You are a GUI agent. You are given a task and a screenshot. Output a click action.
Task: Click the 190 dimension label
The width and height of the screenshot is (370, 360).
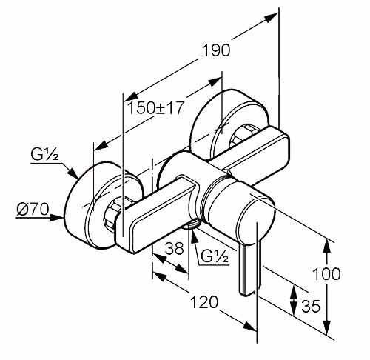tap(216, 50)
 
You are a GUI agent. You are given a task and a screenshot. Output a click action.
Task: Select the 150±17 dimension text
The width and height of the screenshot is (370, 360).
tap(155, 108)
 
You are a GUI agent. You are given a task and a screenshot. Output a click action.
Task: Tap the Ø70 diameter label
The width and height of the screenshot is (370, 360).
tap(33, 210)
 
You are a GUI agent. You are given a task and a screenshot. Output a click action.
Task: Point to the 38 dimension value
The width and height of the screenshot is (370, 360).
tap(175, 248)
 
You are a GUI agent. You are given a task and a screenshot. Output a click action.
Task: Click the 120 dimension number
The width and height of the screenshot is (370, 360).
tap(204, 302)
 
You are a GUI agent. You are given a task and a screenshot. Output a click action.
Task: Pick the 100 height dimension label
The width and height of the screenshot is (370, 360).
tap(326, 273)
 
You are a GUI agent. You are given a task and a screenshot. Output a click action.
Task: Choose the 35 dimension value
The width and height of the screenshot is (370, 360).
tap(311, 306)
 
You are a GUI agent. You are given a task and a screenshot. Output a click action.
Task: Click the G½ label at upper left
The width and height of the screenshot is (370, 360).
tap(44, 155)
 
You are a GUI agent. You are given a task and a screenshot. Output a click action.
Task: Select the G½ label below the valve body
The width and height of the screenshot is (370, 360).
tap(214, 256)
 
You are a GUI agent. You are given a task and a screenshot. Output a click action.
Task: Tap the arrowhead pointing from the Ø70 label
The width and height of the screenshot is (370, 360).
tap(56, 218)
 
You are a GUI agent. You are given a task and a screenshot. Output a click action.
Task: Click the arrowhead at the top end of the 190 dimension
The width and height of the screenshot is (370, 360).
tap(272, 18)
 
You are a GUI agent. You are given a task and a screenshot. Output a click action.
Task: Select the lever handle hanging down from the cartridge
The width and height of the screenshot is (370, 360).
tap(249, 270)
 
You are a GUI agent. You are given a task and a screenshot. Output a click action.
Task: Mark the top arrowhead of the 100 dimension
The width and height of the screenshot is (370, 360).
tap(327, 245)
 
